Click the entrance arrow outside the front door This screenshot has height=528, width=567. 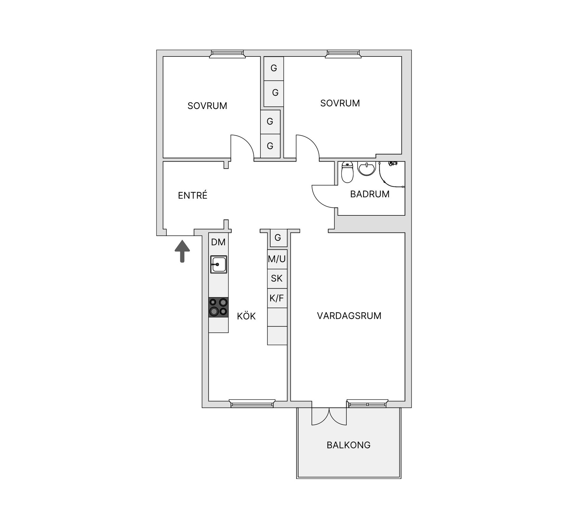[x=182, y=251]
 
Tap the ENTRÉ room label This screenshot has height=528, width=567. [x=193, y=195]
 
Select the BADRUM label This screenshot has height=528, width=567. [x=370, y=194]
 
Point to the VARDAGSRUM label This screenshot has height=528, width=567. [x=349, y=316]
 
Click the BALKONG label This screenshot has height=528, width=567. [x=348, y=445]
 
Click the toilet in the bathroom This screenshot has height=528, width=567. [x=347, y=172]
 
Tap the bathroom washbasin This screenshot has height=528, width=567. [x=366, y=168]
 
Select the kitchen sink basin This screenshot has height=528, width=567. [x=219, y=264]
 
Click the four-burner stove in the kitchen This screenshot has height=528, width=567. [x=219, y=307]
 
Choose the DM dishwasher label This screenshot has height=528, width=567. [x=218, y=242]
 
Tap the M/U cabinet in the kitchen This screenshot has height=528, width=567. [x=277, y=259]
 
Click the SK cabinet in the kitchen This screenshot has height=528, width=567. [x=277, y=279]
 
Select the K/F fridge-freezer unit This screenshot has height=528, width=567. [x=277, y=298]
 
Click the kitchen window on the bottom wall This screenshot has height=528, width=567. [x=252, y=403]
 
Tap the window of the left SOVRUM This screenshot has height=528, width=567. [x=227, y=54]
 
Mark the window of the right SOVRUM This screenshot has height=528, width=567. [x=343, y=54]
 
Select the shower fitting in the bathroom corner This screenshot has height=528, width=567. [x=392, y=163]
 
